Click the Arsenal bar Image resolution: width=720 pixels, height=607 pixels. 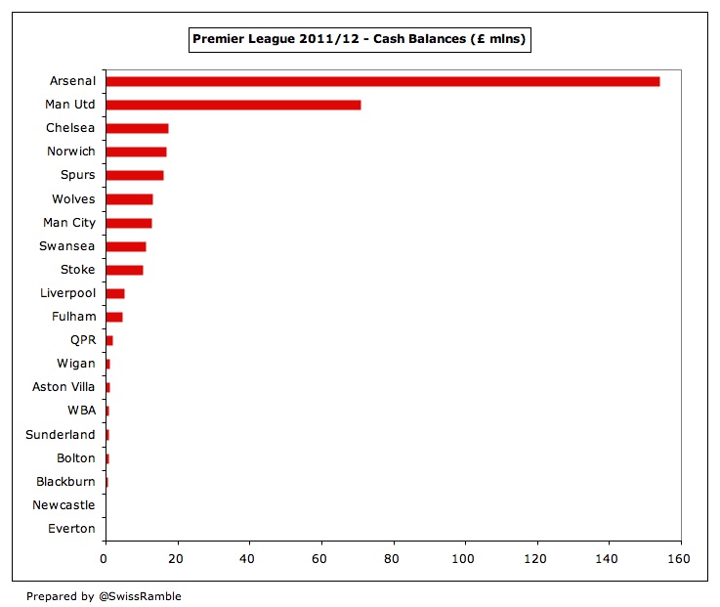(x=382, y=81)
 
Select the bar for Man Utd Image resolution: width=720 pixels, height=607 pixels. (x=233, y=105)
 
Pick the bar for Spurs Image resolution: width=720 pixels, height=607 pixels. (x=134, y=176)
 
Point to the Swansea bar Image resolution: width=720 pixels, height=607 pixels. (x=125, y=246)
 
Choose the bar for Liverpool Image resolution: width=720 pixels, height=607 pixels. (x=114, y=293)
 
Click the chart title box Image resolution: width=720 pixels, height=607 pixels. (x=360, y=39)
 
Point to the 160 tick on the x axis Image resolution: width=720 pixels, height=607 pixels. (x=680, y=559)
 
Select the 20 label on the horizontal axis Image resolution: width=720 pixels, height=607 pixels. (x=177, y=559)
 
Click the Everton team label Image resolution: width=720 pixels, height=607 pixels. (x=71, y=529)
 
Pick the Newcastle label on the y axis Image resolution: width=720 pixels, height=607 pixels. (x=64, y=505)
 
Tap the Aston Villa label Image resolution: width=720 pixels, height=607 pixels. (x=64, y=387)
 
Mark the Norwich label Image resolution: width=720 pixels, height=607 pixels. (x=71, y=152)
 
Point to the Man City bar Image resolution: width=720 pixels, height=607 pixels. (x=128, y=223)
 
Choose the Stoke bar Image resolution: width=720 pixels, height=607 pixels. (x=124, y=270)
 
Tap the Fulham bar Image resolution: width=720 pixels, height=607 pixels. (x=113, y=317)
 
